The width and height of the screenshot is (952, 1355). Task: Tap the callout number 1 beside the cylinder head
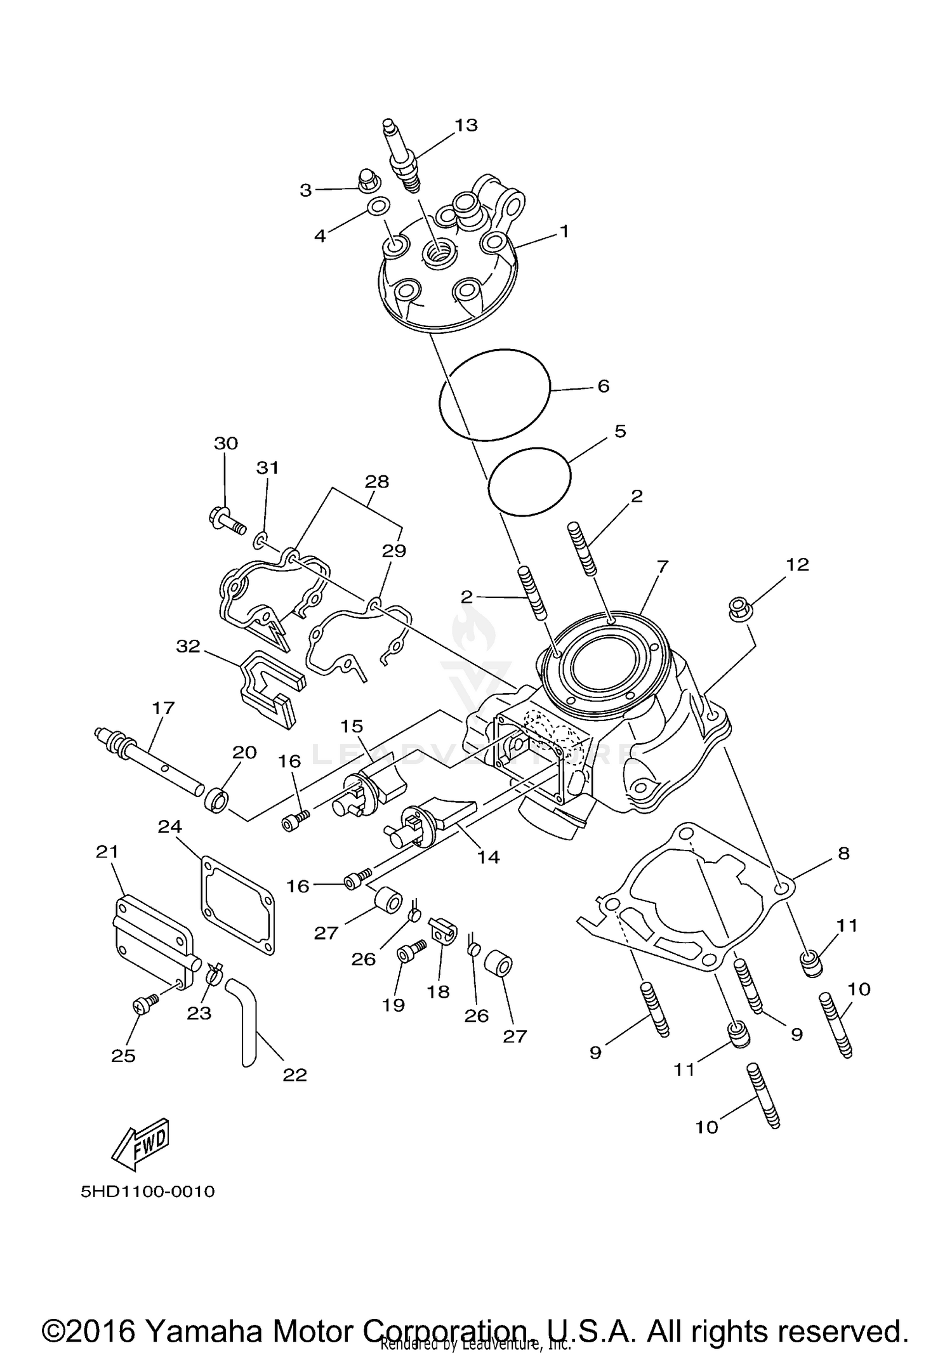point(564,232)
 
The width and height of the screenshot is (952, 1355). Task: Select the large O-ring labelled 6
point(495,394)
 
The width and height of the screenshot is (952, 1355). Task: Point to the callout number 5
point(620,431)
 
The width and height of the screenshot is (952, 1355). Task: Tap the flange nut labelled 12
point(738,609)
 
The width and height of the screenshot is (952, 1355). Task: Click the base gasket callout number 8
point(843,854)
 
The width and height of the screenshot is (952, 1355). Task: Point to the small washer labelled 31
point(260,541)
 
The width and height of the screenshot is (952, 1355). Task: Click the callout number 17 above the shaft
point(162,708)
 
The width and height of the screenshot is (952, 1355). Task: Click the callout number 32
point(188,647)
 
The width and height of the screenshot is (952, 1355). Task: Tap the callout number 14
point(488,857)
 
